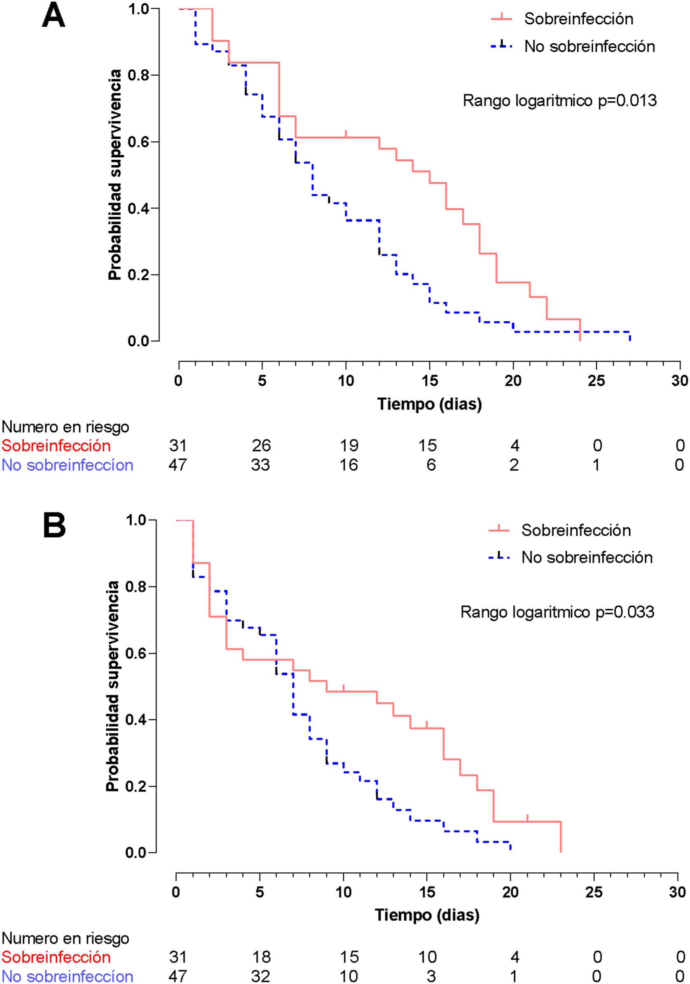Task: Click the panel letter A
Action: [53, 16]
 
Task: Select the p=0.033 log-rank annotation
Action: [557, 611]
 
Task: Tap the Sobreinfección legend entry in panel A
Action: [578, 19]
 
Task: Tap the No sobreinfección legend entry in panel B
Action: [587, 557]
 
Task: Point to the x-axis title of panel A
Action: [429, 404]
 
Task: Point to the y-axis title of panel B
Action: [112, 686]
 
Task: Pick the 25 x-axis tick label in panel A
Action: [596, 380]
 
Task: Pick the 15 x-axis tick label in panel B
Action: [427, 892]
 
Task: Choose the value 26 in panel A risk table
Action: [261, 446]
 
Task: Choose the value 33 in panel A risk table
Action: [260, 465]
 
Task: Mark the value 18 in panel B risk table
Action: [262, 957]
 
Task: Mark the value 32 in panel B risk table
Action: [260, 976]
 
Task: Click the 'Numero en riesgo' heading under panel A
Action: [65, 427]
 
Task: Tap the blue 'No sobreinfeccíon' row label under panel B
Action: [67, 976]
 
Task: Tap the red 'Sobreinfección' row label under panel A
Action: [56, 446]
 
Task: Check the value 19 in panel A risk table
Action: [349, 446]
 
